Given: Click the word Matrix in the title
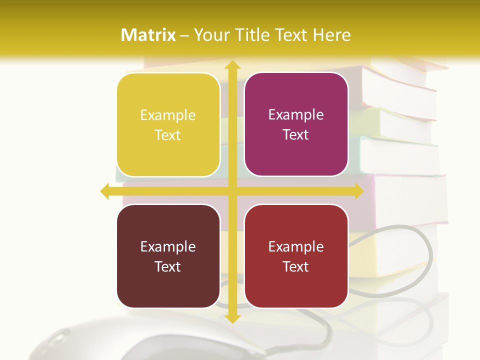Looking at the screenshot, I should pos(148,35).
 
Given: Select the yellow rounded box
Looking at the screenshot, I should pos(168,125).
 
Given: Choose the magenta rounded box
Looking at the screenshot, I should pos(296,124).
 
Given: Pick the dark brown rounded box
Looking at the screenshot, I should pos(168,256).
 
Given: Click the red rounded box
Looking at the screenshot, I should pos(296,256).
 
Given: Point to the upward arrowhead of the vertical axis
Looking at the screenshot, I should pos(231,65).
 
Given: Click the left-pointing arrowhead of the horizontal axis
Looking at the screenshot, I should pos(105,191).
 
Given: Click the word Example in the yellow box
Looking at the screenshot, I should pos(168,115).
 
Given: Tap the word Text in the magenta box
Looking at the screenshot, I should pos(296,135).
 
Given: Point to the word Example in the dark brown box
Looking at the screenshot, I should pos(168,246).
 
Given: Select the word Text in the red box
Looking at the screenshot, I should pos(296,266).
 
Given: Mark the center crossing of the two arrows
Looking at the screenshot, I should pos(231,191).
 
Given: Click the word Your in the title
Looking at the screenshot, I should pos(209,35).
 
